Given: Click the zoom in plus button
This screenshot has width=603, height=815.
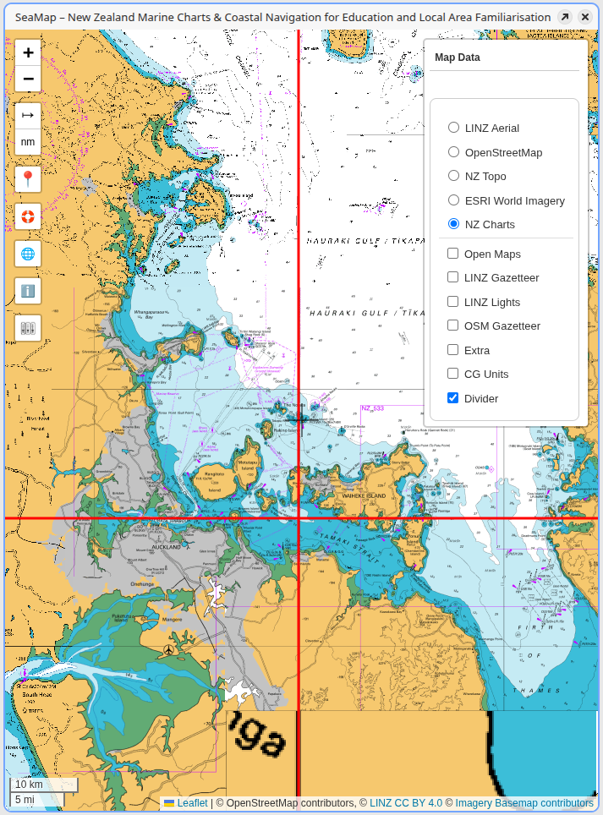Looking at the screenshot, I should coord(28,52).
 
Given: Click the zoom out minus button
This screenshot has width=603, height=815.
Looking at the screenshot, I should coord(28,79).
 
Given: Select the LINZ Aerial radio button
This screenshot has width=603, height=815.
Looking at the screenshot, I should coord(454,128).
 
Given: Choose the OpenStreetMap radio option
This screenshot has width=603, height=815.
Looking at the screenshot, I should coord(454,152).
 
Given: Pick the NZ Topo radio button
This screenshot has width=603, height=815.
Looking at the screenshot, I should coord(454,176).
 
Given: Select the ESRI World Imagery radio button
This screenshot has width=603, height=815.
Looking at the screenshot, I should coord(454,200).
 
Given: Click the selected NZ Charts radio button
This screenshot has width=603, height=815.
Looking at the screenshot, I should coord(454,224).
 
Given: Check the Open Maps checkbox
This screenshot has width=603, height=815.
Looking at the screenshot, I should coord(453,254).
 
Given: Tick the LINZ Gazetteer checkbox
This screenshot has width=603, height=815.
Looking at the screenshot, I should coord(453,277).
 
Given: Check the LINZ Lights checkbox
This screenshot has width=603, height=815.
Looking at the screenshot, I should coord(453,302).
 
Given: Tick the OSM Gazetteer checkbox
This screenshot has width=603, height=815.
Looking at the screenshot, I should coord(453,325).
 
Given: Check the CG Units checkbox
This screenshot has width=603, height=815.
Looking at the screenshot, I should coord(453,374).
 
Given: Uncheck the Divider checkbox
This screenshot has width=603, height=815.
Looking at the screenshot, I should coord(453,398).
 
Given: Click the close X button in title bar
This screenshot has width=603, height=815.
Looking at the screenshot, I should coord(584,17).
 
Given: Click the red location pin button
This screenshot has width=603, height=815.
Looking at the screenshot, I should coord(28,179).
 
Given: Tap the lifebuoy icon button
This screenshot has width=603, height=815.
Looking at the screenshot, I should coord(28,216).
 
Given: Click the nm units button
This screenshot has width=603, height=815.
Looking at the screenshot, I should coord(28,142).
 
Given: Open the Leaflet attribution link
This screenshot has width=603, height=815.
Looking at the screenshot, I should coord(192,803).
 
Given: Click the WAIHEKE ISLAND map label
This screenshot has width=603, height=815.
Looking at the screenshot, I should coord(364,495).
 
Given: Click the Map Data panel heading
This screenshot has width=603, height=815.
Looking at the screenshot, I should coord(458,57).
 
